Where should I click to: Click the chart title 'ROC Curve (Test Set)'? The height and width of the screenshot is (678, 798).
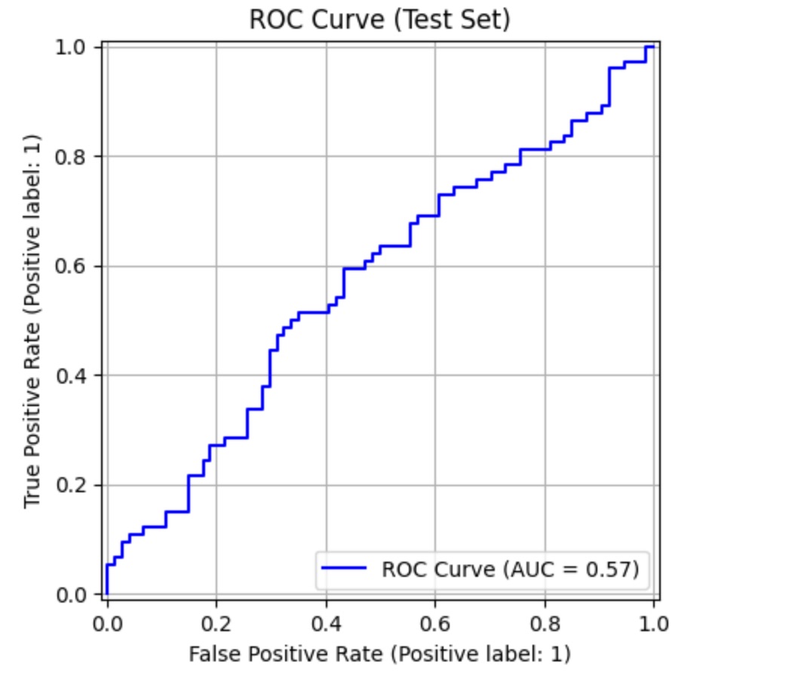(379, 20)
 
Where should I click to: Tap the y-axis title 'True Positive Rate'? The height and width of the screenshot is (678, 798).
(32, 321)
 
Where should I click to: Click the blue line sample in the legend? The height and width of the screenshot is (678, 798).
(344, 569)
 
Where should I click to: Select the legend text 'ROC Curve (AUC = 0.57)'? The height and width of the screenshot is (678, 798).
(510, 569)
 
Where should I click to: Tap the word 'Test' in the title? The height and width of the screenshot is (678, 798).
(427, 20)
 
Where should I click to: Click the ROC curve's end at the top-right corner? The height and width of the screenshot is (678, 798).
(652, 47)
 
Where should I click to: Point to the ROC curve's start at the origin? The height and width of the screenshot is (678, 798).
(107, 593)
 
